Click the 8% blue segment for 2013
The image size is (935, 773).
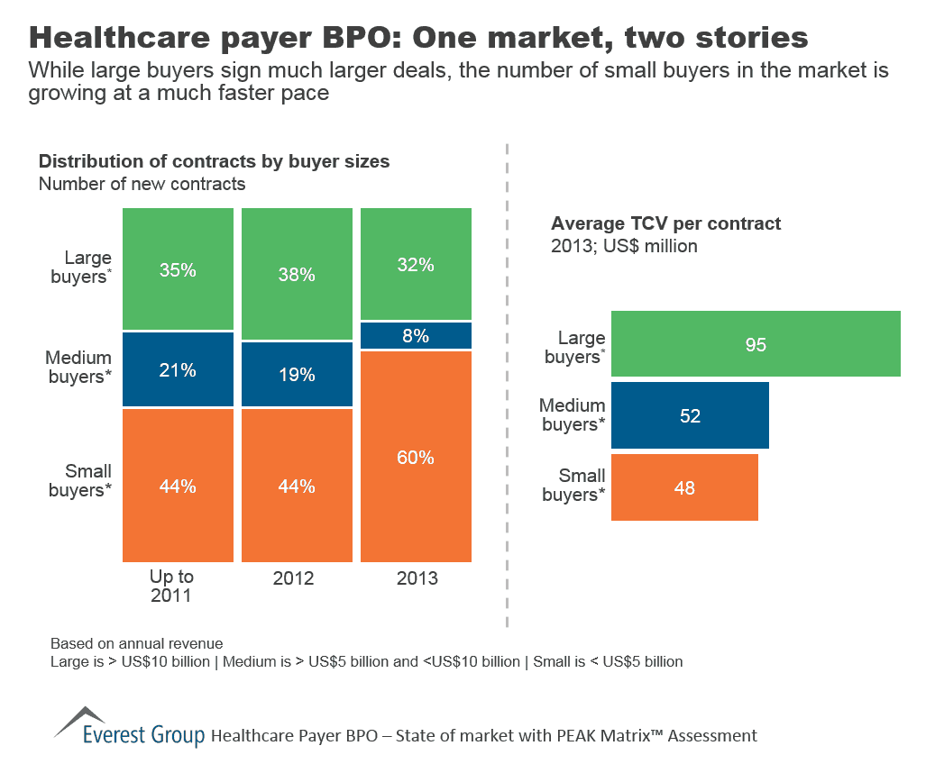tap(416, 336)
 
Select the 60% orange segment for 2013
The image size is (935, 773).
tap(416, 456)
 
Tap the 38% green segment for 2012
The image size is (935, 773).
tap(297, 274)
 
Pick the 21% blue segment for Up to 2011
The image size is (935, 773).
tap(178, 369)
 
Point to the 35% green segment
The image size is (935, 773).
tap(178, 268)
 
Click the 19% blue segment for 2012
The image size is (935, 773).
tap(297, 375)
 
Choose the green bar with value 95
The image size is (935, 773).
tap(756, 343)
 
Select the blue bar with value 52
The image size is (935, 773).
tap(690, 415)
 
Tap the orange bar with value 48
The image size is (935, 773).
tap(684, 487)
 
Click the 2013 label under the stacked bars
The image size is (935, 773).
tap(417, 577)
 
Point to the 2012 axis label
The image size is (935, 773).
tap(294, 577)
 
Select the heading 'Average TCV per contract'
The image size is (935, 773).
tap(665, 223)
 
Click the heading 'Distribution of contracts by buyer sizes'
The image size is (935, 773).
tap(214, 162)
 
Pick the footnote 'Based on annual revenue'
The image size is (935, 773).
tap(136, 644)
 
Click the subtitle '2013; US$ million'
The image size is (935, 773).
tap(624, 245)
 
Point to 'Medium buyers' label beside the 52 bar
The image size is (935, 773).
tap(572, 415)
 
